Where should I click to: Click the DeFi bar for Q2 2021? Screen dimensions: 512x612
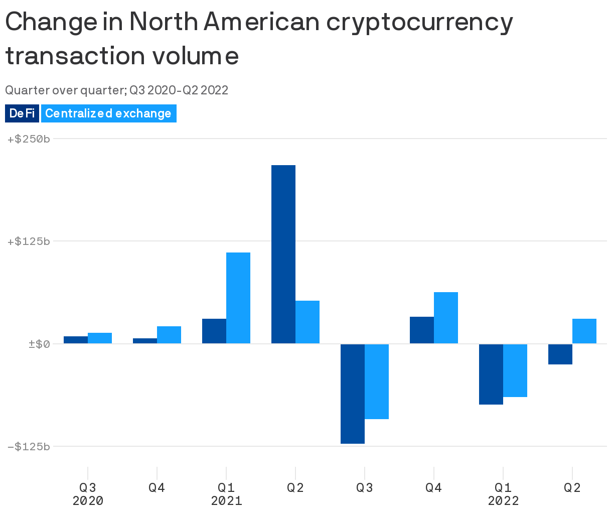[x=283, y=254]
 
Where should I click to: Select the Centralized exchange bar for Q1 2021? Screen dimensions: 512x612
[x=238, y=298]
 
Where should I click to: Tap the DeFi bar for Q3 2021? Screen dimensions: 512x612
[x=352, y=394]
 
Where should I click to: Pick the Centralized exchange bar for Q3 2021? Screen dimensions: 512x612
[x=377, y=381]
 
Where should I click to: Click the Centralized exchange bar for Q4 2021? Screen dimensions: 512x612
[x=446, y=318]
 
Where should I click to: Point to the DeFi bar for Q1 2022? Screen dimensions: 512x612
[x=491, y=374]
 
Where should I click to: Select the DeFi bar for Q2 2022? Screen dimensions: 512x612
[x=560, y=354]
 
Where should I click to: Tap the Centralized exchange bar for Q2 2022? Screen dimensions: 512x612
[x=584, y=331]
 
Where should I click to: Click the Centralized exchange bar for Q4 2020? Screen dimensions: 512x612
[x=169, y=335]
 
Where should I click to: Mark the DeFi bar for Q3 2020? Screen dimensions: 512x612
[x=76, y=340]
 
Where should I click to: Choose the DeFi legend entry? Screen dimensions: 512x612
[x=22, y=113]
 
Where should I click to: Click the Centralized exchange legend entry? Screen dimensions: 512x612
[x=108, y=113]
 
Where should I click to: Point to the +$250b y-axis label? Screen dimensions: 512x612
[x=29, y=139]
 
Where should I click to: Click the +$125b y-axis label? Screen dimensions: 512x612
[x=29, y=241]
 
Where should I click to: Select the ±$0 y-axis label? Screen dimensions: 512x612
[x=39, y=344]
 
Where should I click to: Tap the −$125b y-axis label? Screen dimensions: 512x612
[x=29, y=446]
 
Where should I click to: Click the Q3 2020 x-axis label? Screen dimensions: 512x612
[x=88, y=494]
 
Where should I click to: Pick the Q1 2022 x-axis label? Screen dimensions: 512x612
[x=503, y=494]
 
